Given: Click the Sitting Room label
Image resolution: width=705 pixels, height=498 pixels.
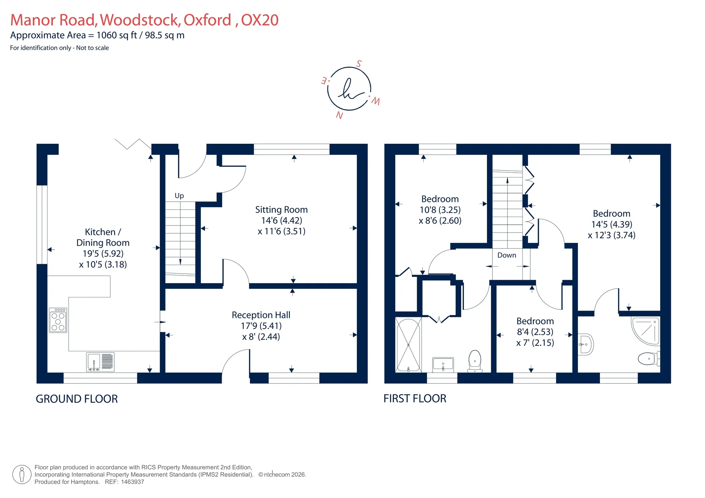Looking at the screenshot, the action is tap(281, 210).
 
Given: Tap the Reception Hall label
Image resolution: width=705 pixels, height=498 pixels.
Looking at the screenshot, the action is tap(261, 315).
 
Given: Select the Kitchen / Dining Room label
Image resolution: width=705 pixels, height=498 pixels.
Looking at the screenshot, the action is tap(103, 237).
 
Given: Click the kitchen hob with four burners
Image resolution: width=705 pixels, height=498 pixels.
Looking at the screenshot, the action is tap(58, 320).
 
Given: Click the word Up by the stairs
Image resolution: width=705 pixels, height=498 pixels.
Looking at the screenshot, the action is tap(179, 196).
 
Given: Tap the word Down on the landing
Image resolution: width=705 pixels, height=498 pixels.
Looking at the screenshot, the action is tap(507, 255).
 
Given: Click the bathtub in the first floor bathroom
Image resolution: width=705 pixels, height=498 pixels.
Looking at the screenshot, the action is tap(408, 345).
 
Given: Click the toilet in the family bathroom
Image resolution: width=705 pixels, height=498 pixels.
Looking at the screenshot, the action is tap(475, 361).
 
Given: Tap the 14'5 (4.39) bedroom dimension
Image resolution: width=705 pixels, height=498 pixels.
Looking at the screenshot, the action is tap(611, 224).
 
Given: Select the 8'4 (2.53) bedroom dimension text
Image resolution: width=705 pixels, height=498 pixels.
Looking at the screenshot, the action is tap(535, 332).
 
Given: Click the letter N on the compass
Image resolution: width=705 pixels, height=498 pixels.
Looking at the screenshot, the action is tap(339, 116).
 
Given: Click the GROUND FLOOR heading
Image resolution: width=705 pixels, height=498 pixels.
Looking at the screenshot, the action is tap(77, 399).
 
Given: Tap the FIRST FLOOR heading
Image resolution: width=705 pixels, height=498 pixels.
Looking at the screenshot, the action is tap(415, 399).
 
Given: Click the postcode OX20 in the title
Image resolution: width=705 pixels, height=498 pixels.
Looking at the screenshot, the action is tap(260, 20).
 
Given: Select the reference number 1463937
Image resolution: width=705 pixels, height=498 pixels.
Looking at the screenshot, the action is tap(133, 482).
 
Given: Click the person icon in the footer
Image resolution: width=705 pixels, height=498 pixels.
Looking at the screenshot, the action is tap(22, 475).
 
